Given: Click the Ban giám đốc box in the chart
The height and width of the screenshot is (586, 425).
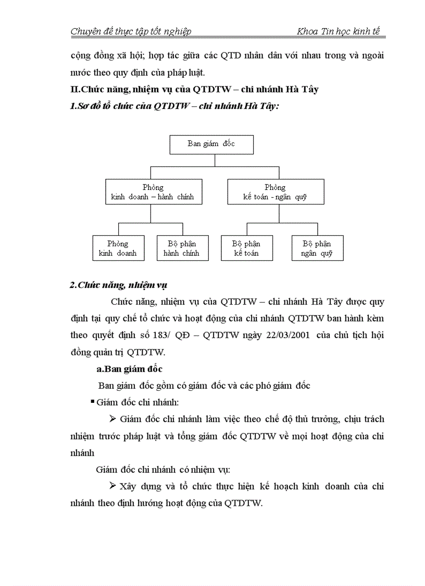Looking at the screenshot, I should pos(211,144).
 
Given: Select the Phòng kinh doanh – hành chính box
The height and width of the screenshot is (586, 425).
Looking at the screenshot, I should pos(153,192).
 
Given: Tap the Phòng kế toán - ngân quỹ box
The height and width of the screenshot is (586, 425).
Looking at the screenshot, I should pos(276,192).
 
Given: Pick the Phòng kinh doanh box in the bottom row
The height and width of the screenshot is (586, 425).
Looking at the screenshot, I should pos(118,248).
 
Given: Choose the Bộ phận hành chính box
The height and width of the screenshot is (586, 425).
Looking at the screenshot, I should pos(181,248).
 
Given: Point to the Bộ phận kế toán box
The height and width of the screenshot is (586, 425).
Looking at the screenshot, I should pos(246,248).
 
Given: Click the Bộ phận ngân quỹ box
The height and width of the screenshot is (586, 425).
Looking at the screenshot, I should pos(317,248).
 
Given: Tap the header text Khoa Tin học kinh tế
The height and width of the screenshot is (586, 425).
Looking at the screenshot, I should pos(339,31).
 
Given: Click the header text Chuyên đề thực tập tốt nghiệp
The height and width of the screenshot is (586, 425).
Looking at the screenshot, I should pos(131,31).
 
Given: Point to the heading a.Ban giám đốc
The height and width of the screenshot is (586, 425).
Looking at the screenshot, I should pos(130,369).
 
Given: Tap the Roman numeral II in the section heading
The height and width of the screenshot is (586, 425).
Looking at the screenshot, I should pos(74,89).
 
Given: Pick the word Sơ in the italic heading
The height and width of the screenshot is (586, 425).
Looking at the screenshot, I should pos(83,106).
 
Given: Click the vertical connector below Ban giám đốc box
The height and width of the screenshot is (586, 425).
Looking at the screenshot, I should pos(215,160).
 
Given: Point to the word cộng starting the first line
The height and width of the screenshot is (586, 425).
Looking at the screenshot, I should pos(80,55).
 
